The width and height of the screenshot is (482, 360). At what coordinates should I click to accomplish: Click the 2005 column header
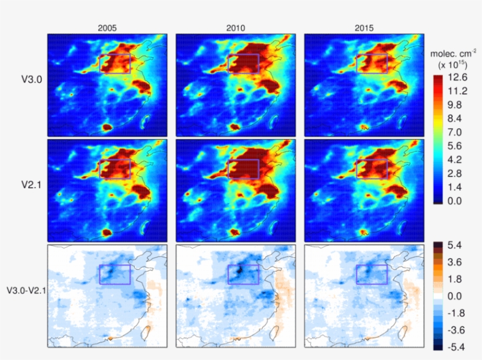coord(106,27)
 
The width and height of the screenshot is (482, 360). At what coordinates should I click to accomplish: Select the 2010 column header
coord(236,27)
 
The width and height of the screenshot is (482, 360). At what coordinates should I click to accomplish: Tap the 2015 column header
coord(363,27)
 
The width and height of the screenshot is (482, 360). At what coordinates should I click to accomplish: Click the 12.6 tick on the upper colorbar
coord(456,77)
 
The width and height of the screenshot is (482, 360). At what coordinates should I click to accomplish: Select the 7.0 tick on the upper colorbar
coord(456,132)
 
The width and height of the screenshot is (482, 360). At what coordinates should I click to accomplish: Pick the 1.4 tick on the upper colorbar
coord(456,187)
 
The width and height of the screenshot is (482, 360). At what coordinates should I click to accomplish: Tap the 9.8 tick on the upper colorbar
coord(456,105)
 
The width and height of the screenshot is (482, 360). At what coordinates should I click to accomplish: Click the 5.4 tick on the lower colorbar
coord(457,243)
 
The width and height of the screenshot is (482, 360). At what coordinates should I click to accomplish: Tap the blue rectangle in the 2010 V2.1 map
coord(243,169)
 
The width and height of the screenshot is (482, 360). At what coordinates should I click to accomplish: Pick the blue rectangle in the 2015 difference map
coord(371,274)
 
